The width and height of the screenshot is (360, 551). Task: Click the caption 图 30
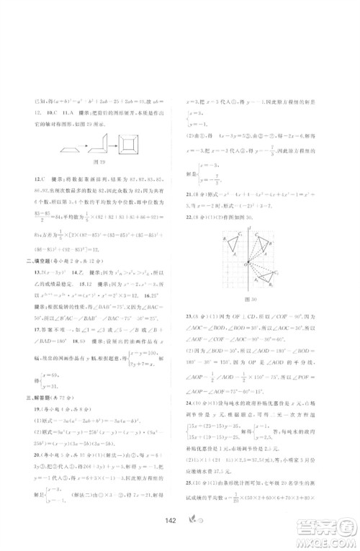point(251,300)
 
